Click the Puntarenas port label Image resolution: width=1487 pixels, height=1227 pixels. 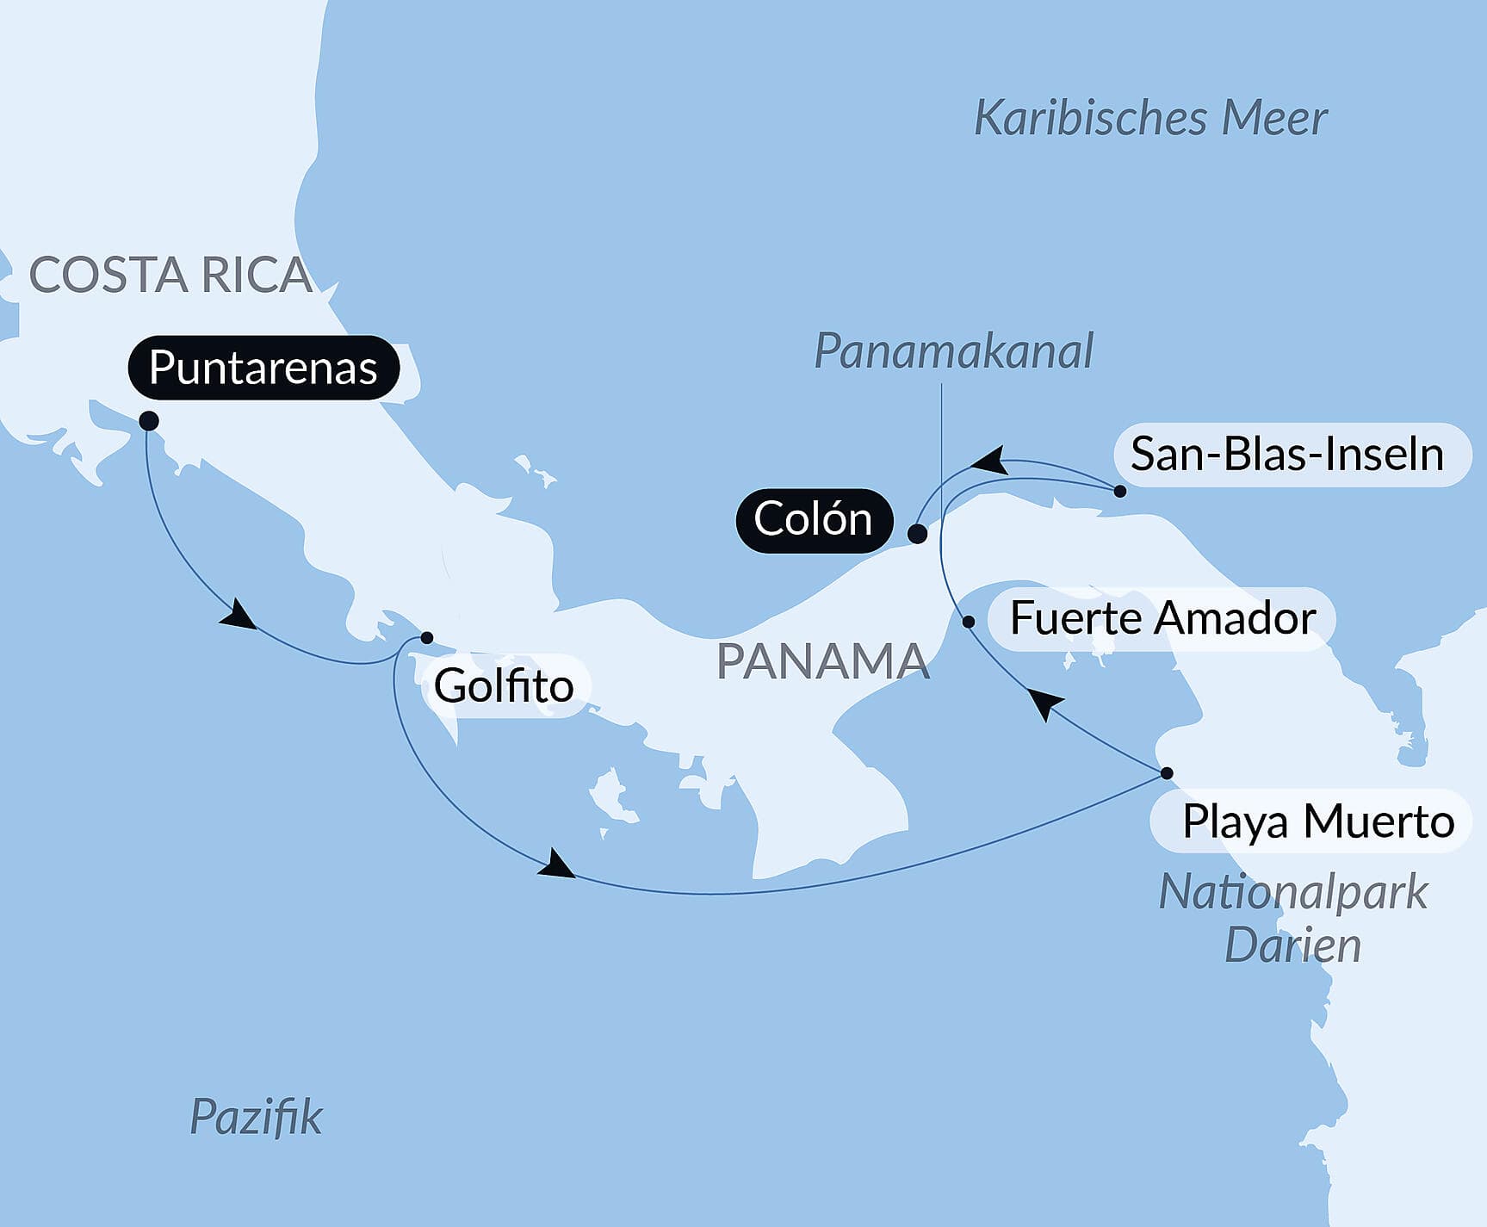[x=263, y=368]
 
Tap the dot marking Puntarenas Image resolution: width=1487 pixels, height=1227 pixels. [x=149, y=421]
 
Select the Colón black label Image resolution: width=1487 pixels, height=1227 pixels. [x=813, y=520]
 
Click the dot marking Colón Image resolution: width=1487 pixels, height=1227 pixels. [x=918, y=534]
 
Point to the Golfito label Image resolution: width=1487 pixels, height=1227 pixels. [x=504, y=686]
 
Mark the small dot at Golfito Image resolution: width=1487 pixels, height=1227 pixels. [x=426, y=638]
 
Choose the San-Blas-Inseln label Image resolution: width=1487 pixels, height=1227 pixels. [x=1287, y=454]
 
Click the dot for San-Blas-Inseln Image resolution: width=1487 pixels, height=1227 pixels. [x=1119, y=491]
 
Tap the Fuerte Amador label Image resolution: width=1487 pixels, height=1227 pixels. [x=1162, y=618]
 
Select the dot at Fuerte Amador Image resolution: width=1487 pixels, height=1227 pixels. [x=969, y=622]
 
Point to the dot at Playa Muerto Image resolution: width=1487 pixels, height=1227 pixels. [x=1167, y=773]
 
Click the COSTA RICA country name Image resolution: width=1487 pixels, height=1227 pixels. [x=170, y=276]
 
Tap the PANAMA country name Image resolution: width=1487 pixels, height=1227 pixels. [x=823, y=661]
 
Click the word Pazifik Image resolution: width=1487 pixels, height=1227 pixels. [x=256, y=1118]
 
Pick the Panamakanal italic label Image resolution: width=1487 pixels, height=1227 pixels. [x=953, y=351]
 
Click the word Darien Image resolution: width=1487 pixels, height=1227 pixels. [x=1292, y=945]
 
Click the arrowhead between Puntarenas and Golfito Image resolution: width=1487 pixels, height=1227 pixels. [x=239, y=617]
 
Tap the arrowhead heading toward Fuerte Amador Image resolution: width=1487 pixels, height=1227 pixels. [x=1044, y=703]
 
